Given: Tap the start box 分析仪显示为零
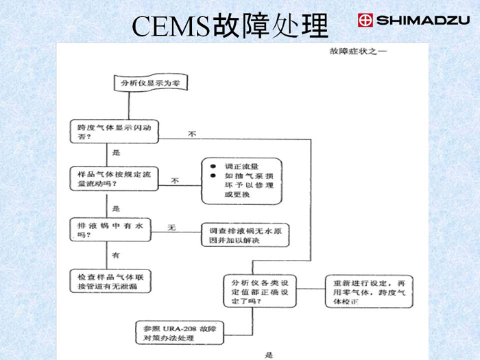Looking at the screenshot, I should click(x=150, y=83).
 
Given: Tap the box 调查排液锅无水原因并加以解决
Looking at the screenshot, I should click(x=245, y=235).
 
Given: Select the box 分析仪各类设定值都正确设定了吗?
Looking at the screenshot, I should click(x=264, y=291).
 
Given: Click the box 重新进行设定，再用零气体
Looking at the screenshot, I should click(x=370, y=291).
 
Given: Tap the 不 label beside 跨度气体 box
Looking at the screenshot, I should click(x=193, y=134).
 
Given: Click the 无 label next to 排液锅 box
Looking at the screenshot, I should click(x=172, y=227).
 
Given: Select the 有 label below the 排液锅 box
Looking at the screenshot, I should click(x=116, y=255).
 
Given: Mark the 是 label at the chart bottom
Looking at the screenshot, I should click(x=269, y=355).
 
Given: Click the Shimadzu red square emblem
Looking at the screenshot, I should click(x=365, y=21).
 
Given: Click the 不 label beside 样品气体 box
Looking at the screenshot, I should click(x=176, y=181).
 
